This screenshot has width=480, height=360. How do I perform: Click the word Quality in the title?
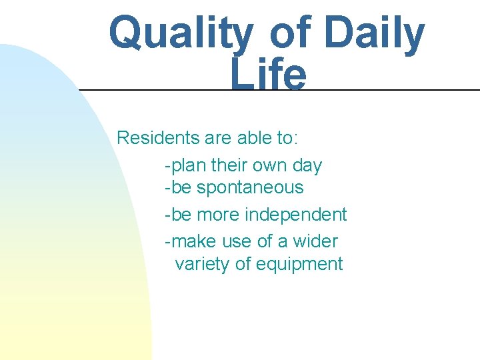click(x=181, y=34)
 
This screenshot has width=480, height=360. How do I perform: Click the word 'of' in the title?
click(x=291, y=34)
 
